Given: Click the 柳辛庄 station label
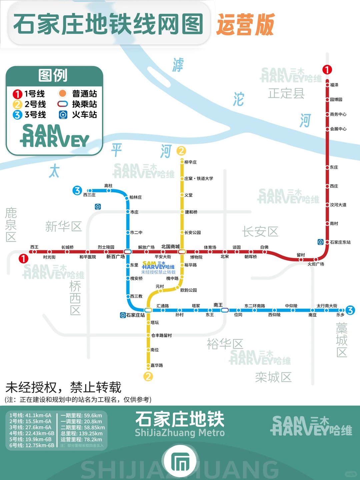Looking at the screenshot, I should pos(190,162).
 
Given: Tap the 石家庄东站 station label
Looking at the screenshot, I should pos(340,242).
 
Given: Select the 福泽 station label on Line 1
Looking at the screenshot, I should pos(334,85).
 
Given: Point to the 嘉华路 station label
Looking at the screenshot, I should pos(157,365).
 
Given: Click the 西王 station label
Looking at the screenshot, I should pos(34,247).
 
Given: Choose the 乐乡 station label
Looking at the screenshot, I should pos(340,315).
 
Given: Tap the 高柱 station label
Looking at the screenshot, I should pos(108,186).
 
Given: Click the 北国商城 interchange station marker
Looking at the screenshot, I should pos(182,252).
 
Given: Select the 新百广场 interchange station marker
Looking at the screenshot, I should pos(128,252).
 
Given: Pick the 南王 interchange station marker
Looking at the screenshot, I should pos(225,310).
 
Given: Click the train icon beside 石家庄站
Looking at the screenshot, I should pos(123,315).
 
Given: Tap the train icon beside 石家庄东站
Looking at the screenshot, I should pos(320,242).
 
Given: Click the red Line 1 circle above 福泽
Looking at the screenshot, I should pos(327,70).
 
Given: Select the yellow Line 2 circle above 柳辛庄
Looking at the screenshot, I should pos(181,151).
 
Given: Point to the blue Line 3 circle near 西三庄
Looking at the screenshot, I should pos(77,190).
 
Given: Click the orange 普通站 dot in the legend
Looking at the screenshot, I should pos(63,93).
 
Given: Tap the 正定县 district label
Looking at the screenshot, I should pos(286,93).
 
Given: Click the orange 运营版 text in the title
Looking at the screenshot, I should pos(245,25).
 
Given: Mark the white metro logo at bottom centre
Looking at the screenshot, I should pos(180,462).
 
